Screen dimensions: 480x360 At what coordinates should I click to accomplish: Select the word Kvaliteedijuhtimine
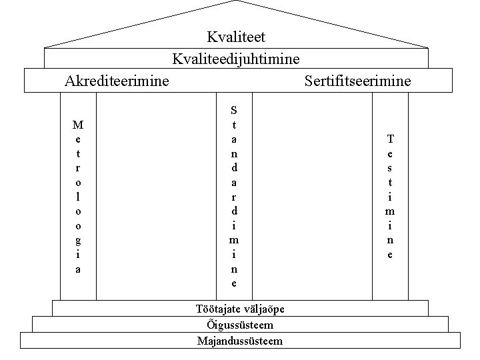[236, 59]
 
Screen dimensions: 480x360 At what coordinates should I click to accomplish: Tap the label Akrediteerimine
[117, 81]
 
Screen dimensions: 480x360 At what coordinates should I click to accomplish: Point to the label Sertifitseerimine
[357, 81]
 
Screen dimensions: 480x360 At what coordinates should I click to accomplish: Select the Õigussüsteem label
[240, 325]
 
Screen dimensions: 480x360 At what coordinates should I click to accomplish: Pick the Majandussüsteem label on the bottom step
[240, 341]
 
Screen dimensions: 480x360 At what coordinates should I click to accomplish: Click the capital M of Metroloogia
[79, 124]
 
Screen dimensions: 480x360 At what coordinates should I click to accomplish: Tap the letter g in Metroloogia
[79, 240]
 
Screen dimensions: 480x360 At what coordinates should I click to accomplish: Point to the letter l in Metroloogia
[79, 197]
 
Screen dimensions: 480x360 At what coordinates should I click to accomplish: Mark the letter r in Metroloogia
[79, 168]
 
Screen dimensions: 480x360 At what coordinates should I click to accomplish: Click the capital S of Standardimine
[233, 109]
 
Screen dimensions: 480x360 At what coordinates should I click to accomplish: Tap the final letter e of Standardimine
[233, 283]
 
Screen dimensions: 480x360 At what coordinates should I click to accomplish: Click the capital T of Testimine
[390, 139]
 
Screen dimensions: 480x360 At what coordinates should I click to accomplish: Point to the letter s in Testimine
[390, 167]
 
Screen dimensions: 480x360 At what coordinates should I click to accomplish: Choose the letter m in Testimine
[390, 211]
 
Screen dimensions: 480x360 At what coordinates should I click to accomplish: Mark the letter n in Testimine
[390, 240]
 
